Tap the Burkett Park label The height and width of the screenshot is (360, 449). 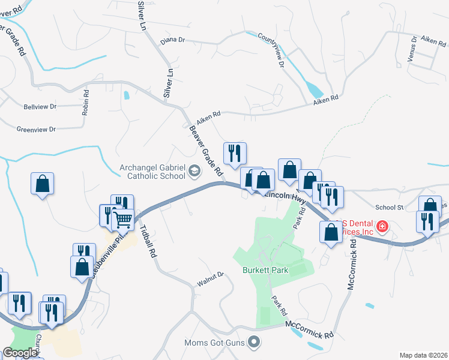coord(266,270)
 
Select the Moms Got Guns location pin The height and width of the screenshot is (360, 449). coord(255,343)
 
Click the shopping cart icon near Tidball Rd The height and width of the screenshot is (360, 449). coord(123,220)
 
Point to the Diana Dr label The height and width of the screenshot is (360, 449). coord(173,41)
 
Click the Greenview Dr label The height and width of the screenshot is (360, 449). coord(36,129)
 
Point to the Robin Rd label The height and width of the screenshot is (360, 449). coord(86,103)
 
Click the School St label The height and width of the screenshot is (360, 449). coord(389,207)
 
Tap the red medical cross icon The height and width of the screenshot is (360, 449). coord(382,227)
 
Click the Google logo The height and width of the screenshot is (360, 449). coord(20,353)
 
